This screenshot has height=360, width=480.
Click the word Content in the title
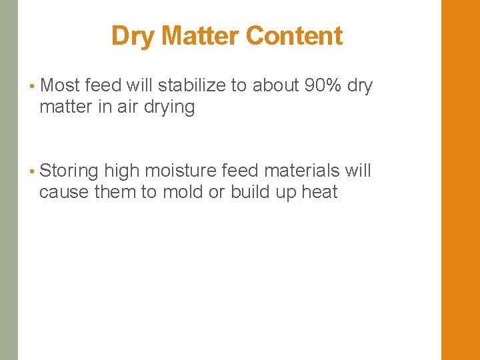[294, 35]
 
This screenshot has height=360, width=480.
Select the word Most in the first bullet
[60, 85]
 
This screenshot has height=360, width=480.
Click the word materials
[303, 171]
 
